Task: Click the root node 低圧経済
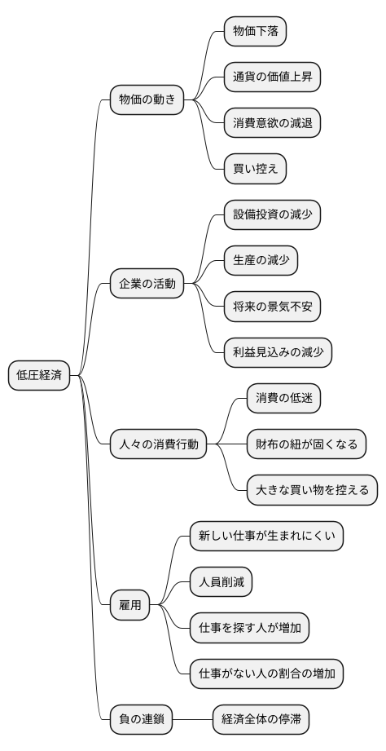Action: click(39, 375)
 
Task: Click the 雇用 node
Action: click(130, 605)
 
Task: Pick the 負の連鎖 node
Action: click(141, 720)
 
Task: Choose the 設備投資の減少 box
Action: click(272, 215)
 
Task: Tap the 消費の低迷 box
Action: click(283, 399)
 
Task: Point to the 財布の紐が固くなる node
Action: click(305, 444)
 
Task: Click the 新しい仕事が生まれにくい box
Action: click(266, 537)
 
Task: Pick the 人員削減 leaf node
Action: click(221, 582)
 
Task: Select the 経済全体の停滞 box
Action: click(261, 720)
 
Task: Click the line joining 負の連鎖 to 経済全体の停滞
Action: click(192, 720)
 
